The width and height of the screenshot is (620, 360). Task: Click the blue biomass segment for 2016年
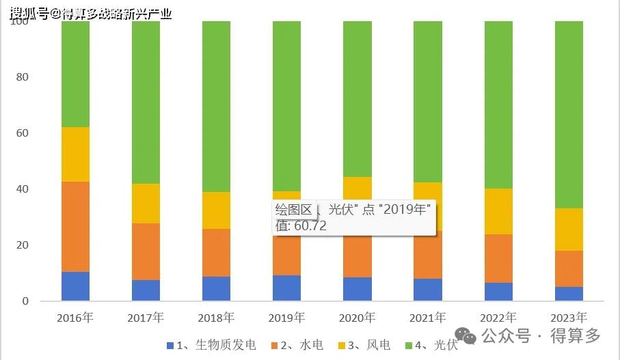[75, 286]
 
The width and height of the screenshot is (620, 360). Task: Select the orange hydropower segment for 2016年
[75, 227]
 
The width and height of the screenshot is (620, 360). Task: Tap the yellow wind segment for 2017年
[146, 204]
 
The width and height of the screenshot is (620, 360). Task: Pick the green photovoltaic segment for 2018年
[216, 106]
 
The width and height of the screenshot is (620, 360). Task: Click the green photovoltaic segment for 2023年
[569, 114]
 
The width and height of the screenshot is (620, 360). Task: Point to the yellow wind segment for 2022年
[498, 211]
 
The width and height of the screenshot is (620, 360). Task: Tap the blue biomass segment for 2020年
[357, 289]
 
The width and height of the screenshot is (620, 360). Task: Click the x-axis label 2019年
[286, 318]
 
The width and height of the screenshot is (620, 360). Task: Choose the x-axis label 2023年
[569, 318]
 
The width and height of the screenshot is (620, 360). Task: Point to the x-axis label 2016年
[75, 318]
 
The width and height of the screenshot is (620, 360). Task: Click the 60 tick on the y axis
[23, 133]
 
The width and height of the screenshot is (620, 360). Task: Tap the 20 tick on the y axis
[23, 245]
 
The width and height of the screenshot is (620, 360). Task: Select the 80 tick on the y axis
[23, 77]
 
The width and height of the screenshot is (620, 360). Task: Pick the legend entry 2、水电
[304, 345]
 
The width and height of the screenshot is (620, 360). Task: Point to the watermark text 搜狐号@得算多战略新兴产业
[91, 12]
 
